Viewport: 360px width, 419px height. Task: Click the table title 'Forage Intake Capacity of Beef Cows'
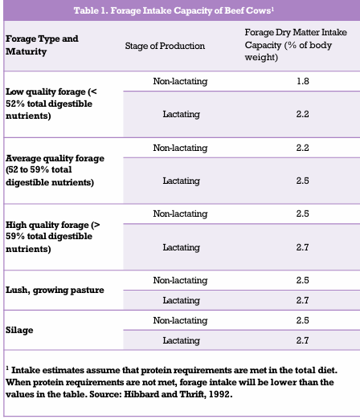(174, 10)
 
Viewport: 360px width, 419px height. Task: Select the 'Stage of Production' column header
(165, 46)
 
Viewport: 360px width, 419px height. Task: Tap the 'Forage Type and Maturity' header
(42, 45)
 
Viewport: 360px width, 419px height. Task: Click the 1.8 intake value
(303, 81)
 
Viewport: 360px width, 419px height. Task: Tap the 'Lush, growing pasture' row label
(55, 290)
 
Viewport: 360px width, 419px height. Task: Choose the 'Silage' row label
(19, 330)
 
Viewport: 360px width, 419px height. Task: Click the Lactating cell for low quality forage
(182, 114)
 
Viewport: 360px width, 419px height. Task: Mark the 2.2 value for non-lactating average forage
(303, 148)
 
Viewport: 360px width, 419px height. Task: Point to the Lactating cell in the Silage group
(182, 340)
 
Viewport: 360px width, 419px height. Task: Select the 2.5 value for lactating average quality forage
(303, 181)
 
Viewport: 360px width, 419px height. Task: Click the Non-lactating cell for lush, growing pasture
(180, 280)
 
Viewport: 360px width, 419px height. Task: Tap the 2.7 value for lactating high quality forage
(303, 247)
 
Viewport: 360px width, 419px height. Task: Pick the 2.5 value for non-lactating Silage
(303, 320)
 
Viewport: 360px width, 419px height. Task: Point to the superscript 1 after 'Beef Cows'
(272, 8)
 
